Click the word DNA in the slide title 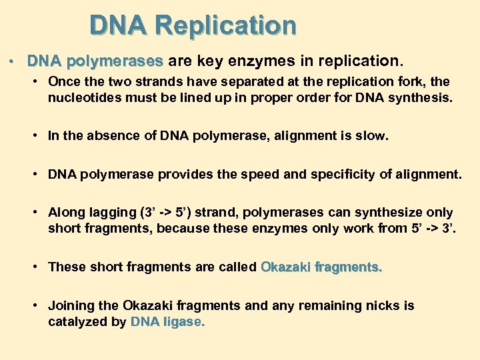(119, 26)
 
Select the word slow (374, 136)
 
